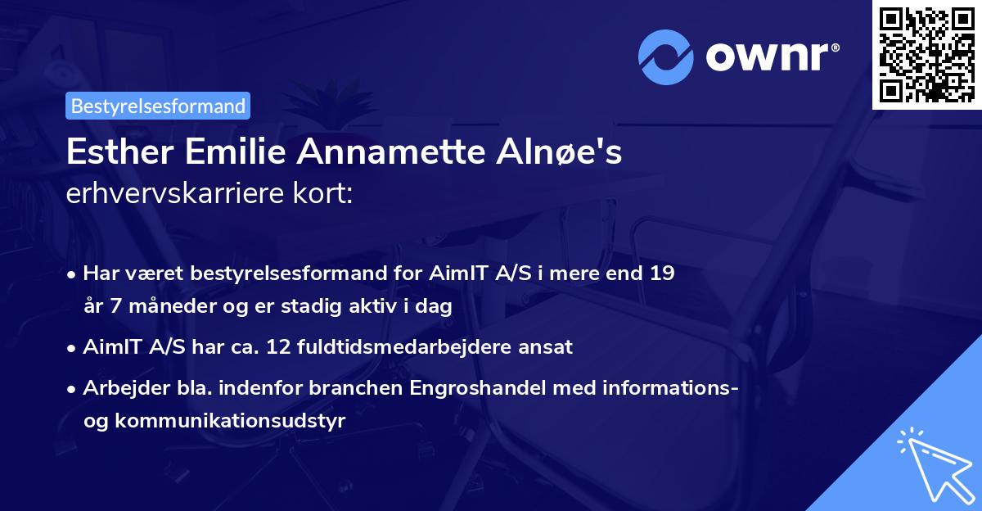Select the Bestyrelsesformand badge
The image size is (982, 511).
158,106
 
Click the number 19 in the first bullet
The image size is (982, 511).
663,274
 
